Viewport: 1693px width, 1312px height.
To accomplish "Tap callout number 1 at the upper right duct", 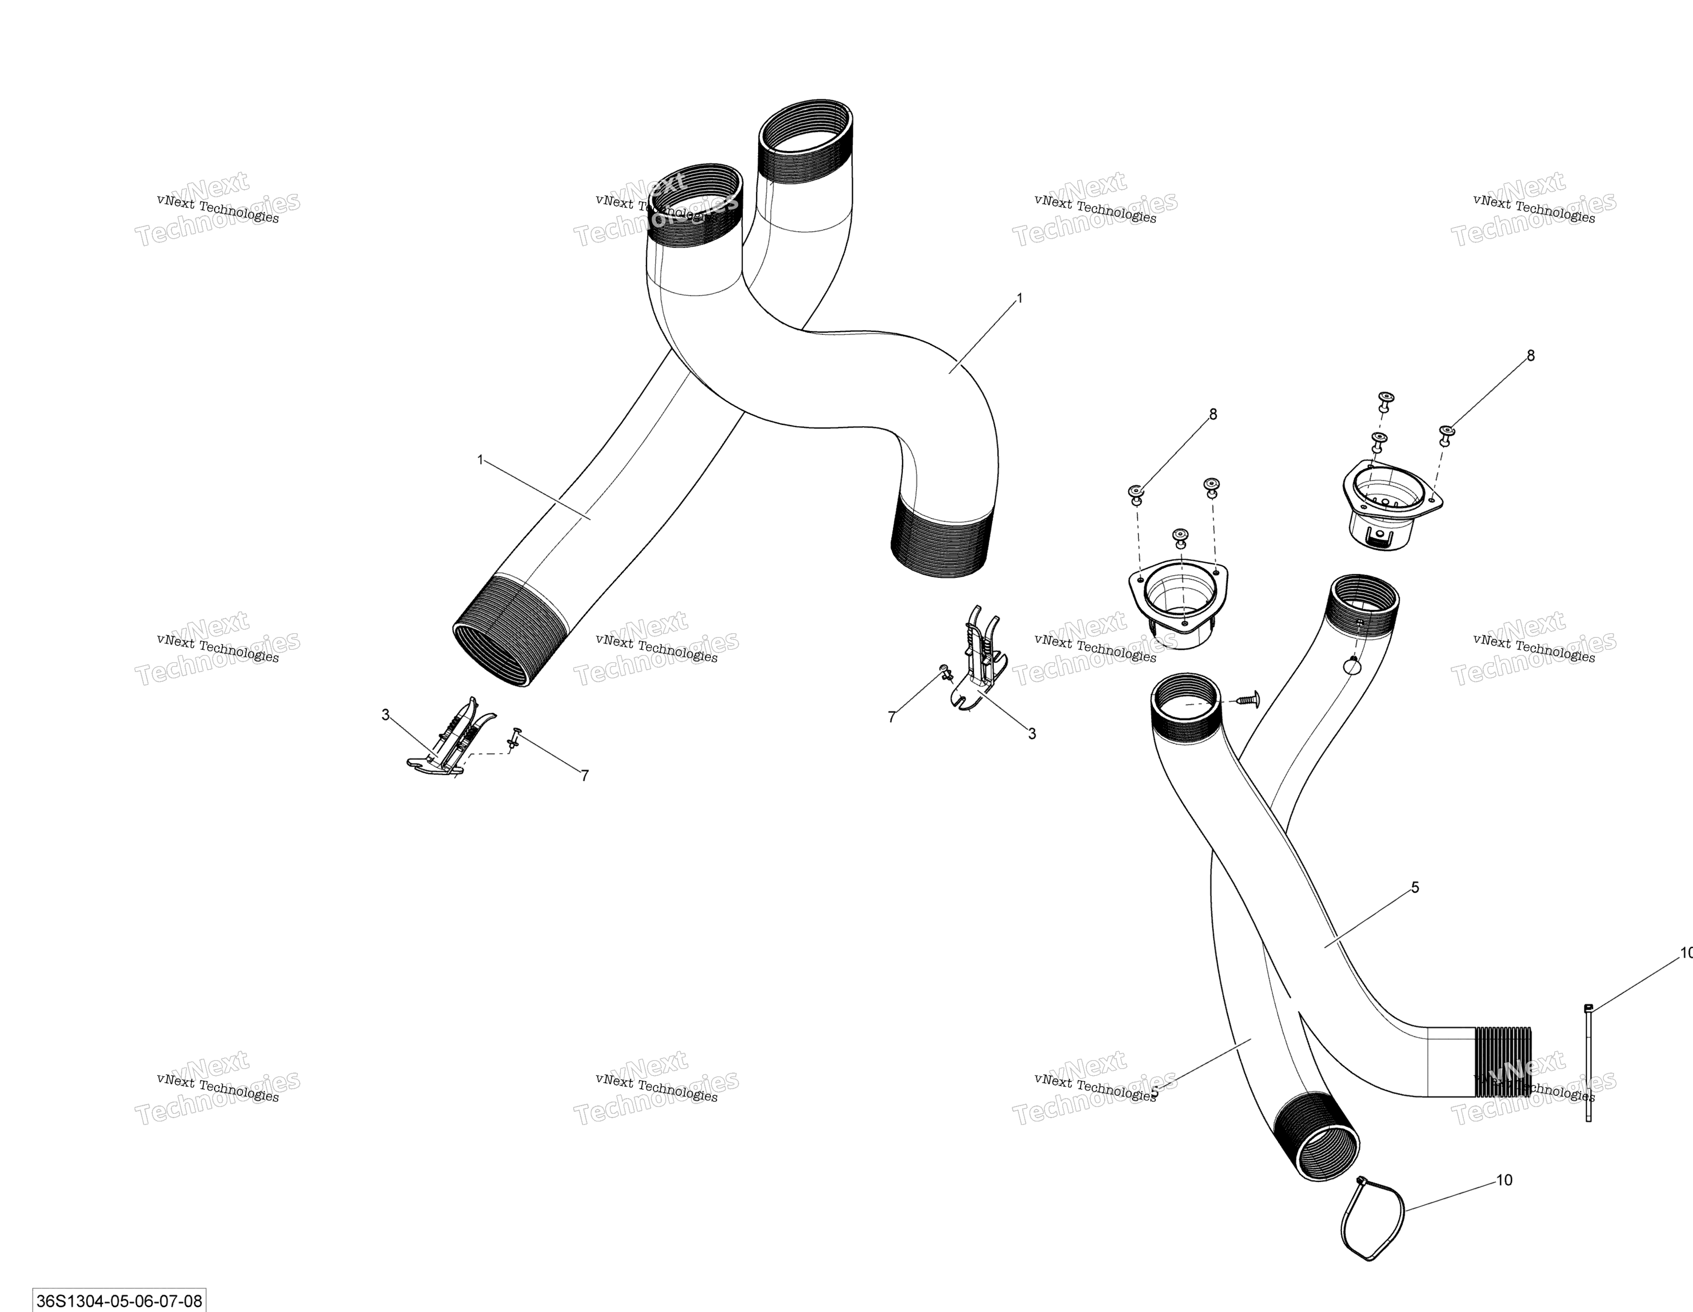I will [1020, 298].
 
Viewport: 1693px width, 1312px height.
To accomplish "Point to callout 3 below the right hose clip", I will [1032, 733].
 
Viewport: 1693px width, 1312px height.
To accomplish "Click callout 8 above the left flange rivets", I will [1213, 414].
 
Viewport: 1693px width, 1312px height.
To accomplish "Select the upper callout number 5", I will [1415, 887].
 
